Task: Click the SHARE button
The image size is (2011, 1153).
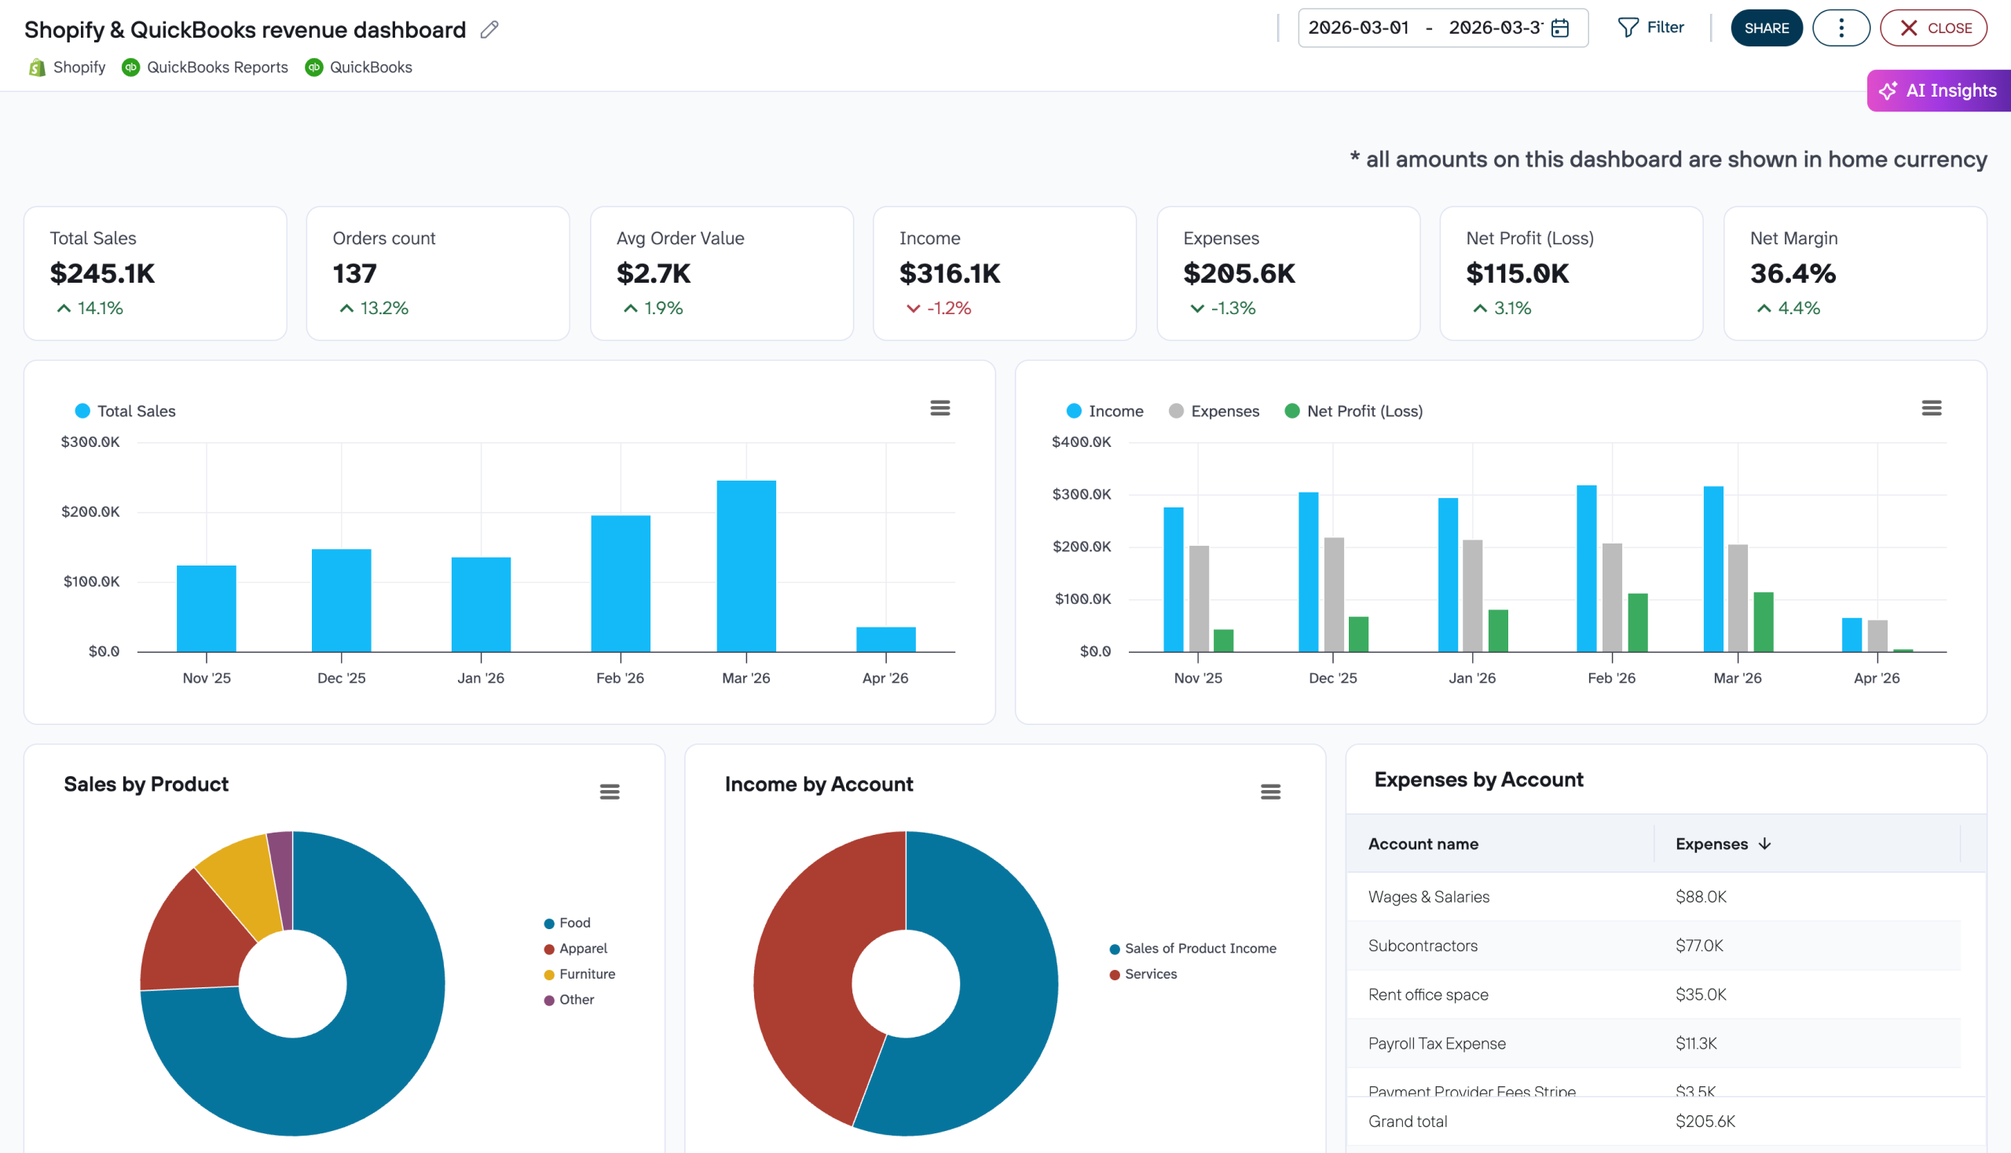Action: click(x=1765, y=28)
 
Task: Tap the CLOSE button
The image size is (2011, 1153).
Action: click(x=1932, y=28)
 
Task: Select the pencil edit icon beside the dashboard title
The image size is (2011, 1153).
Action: click(x=489, y=29)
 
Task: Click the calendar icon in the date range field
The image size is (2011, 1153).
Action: click(x=1559, y=28)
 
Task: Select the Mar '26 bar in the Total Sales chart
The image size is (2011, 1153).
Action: click(x=746, y=566)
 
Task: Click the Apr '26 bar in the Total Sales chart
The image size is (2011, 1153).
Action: click(x=885, y=639)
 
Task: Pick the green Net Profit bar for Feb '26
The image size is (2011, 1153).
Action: click(x=1637, y=622)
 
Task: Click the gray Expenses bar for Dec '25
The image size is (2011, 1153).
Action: click(x=1334, y=594)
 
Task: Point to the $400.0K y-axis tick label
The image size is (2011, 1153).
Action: click(x=1081, y=442)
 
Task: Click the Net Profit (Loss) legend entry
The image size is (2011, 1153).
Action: click(x=1353, y=411)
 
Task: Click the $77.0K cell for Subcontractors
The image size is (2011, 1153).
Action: click(x=1699, y=946)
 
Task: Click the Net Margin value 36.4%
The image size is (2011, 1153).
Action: click(x=1793, y=273)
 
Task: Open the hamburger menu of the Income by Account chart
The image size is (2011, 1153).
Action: click(x=1270, y=792)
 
